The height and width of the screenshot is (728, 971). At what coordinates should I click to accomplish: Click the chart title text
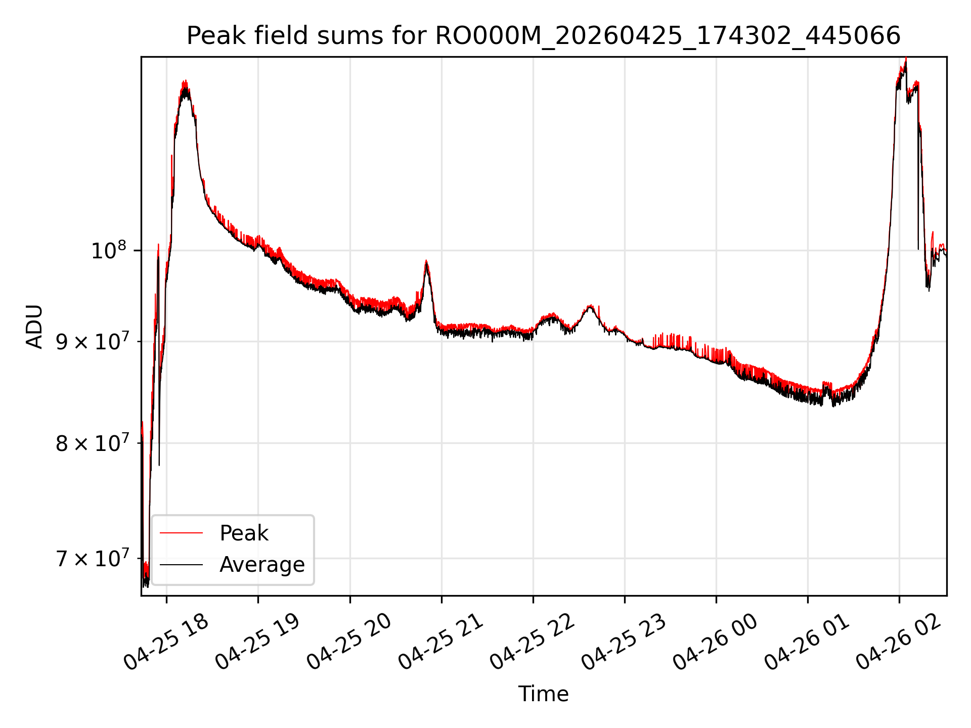click(544, 36)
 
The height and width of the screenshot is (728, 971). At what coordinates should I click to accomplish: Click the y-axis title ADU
click(34, 326)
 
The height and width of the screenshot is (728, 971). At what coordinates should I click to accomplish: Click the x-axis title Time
click(544, 694)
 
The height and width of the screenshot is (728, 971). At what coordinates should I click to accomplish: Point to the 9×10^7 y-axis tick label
click(93, 342)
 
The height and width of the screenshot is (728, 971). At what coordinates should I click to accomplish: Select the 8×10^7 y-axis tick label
click(93, 443)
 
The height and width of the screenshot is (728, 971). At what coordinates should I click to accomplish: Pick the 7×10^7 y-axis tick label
click(93, 559)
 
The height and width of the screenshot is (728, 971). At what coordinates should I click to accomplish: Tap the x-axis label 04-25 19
click(258, 642)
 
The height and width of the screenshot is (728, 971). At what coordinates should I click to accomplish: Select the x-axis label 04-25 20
click(350, 642)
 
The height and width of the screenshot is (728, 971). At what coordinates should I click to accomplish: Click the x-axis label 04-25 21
click(442, 642)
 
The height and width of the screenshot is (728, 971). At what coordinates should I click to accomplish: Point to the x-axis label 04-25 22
click(533, 642)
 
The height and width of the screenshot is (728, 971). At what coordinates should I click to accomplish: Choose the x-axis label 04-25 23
click(625, 642)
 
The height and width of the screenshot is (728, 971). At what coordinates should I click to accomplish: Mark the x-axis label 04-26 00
click(716, 642)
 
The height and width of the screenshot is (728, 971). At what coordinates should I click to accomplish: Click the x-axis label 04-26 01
click(808, 642)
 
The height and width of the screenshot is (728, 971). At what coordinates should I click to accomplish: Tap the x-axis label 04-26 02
click(899, 642)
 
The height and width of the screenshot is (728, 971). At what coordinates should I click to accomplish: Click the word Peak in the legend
click(244, 533)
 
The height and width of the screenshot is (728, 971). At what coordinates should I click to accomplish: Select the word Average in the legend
click(262, 565)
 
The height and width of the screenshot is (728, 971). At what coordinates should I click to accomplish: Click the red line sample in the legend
click(181, 533)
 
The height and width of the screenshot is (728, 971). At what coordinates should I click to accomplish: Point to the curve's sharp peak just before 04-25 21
click(426, 261)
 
